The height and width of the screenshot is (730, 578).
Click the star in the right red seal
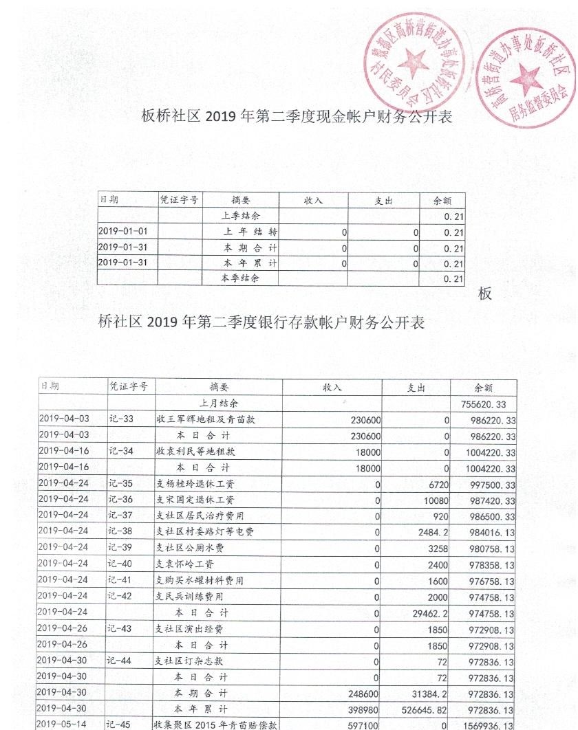click(526, 75)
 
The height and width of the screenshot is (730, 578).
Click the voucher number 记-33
click(122, 420)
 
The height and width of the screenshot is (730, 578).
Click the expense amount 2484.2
click(432, 533)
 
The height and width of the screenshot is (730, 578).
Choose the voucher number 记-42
click(122, 597)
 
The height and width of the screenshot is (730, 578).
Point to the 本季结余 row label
click(240, 279)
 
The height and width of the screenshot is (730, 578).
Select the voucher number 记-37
click(122, 517)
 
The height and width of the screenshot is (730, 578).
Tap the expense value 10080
click(436, 500)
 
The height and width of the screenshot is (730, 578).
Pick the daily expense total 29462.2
click(429, 613)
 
